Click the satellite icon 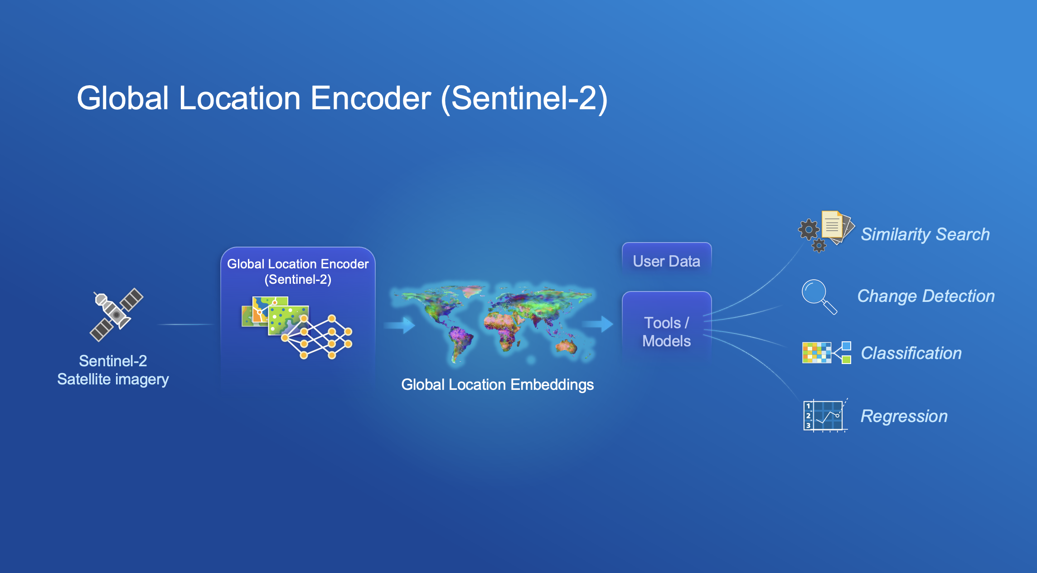pyautogui.click(x=116, y=315)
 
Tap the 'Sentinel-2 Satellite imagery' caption pyautogui.click(x=113, y=370)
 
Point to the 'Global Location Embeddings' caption pyautogui.click(x=497, y=384)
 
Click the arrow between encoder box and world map pyautogui.click(x=399, y=325)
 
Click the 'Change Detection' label pyautogui.click(x=926, y=296)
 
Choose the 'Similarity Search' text pyautogui.click(x=925, y=234)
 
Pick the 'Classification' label pyautogui.click(x=911, y=353)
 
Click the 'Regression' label pyautogui.click(x=904, y=416)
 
